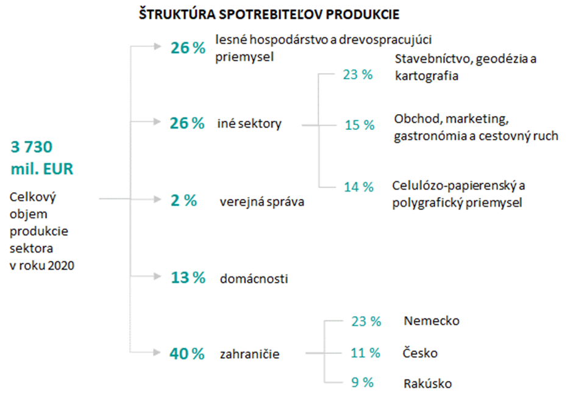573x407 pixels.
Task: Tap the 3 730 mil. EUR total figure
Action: [42, 158]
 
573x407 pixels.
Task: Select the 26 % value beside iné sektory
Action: [187, 124]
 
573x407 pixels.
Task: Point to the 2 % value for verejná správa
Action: [183, 200]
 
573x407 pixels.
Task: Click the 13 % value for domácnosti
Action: [187, 278]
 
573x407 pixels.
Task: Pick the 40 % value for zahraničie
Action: [187, 353]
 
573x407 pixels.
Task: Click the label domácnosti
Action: [254, 279]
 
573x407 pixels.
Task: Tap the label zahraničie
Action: [249, 354]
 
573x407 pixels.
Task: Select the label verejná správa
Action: [262, 202]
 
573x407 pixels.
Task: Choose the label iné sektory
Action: [249, 124]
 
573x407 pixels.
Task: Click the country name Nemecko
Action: [431, 321]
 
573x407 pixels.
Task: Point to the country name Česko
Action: [420, 353]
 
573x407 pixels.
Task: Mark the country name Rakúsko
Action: [427, 384]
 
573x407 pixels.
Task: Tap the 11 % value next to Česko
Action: [365, 353]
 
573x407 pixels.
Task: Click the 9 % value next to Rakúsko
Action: [362, 383]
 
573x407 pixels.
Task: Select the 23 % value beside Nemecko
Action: [366, 321]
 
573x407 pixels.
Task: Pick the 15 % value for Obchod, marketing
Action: [359, 125]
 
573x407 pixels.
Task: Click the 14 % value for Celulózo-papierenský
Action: [358, 187]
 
